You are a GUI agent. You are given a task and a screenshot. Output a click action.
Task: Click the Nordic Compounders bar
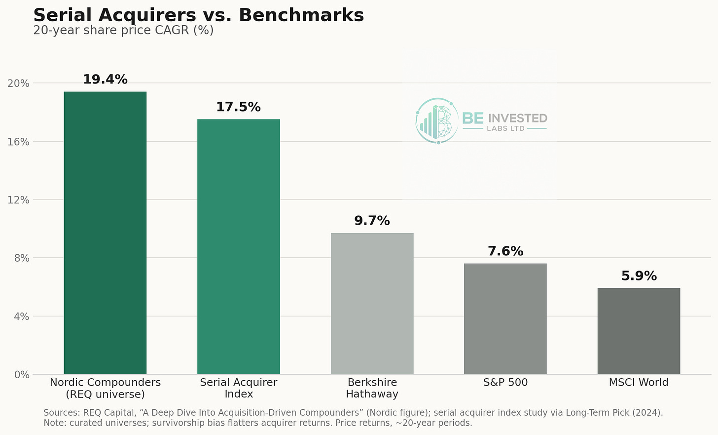point(105,233)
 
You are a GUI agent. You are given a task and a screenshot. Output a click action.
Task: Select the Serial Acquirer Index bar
point(239,246)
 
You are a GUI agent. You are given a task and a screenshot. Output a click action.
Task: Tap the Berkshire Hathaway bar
point(372,303)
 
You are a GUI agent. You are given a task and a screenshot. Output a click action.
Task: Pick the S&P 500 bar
point(505,319)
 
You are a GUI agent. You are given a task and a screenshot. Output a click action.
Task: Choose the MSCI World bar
point(639,331)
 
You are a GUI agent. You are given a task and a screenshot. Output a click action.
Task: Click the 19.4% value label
point(105,79)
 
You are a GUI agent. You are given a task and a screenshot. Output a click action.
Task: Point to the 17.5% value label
point(239,107)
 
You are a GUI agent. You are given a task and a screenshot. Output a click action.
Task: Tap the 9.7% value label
point(372,221)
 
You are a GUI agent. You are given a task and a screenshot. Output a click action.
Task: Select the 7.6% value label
point(505,251)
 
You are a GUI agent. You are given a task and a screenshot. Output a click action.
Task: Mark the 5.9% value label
point(639,276)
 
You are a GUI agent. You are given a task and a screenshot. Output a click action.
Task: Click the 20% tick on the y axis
point(18,83)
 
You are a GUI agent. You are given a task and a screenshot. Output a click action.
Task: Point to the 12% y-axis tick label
point(18,200)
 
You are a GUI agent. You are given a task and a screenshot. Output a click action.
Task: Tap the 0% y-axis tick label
point(22,375)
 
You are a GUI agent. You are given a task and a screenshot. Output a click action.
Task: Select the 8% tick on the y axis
point(22,258)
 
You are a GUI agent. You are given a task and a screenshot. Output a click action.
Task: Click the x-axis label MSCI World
point(639,382)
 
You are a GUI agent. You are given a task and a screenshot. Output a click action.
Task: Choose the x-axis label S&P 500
point(505,382)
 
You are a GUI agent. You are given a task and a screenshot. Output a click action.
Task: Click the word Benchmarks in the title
point(301,15)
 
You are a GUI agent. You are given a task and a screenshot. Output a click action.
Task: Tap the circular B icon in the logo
point(437,120)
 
